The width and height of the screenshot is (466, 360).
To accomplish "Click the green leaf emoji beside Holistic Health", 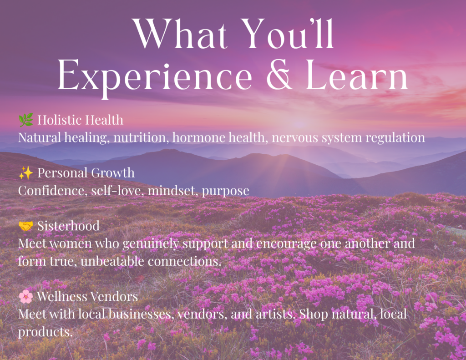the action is point(26,120).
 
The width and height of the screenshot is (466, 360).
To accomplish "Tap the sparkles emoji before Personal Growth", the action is point(26,172).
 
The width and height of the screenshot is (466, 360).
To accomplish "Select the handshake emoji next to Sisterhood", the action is point(26,226).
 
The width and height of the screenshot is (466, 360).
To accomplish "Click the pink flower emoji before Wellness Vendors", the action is point(26,296).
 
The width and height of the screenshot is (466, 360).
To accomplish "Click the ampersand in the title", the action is point(279,75).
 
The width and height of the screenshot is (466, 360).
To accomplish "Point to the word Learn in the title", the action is point(357,75).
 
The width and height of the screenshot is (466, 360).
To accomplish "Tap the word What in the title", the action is point(180,34).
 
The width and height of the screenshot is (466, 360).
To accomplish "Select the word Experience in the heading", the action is point(155,78).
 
